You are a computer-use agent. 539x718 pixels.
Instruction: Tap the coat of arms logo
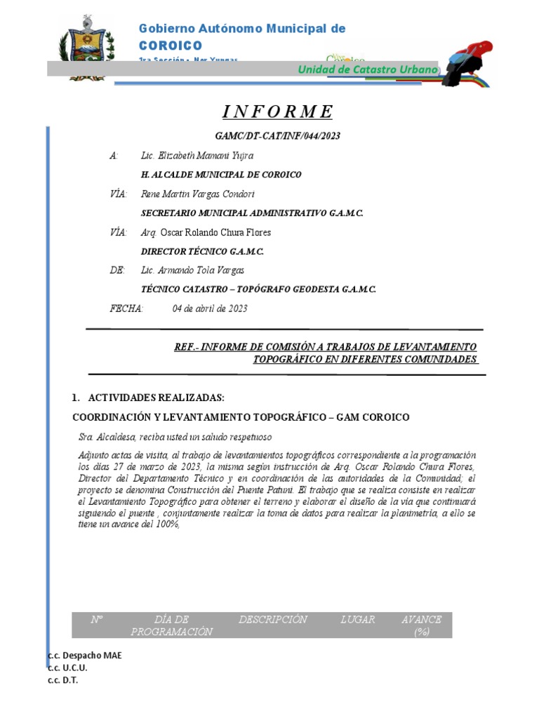(x=86, y=47)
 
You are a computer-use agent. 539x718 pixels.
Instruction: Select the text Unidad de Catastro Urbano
(x=368, y=69)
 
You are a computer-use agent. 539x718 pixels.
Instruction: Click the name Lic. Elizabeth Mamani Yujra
(x=197, y=156)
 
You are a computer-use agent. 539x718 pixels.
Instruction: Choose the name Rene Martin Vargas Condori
(x=198, y=194)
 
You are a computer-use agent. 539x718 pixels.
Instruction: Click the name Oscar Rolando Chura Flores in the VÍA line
(x=215, y=232)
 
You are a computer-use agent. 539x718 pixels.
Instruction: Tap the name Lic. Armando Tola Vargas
(x=192, y=270)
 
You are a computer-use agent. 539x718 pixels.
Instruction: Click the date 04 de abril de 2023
(x=210, y=309)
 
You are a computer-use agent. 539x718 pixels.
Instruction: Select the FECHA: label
(x=127, y=309)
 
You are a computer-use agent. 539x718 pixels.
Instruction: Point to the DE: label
(x=117, y=270)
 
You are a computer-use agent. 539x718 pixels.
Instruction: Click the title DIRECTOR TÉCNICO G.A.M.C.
(x=203, y=251)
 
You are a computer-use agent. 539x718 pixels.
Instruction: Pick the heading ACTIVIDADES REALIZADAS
(x=156, y=398)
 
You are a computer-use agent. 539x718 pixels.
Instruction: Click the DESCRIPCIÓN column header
(x=273, y=620)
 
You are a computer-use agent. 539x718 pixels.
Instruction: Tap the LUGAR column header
(x=358, y=620)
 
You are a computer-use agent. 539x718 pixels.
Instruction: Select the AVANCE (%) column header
(x=421, y=625)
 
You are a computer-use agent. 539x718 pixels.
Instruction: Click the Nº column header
(x=97, y=620)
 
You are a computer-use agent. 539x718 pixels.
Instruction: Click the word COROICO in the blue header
(x=171, y=45)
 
